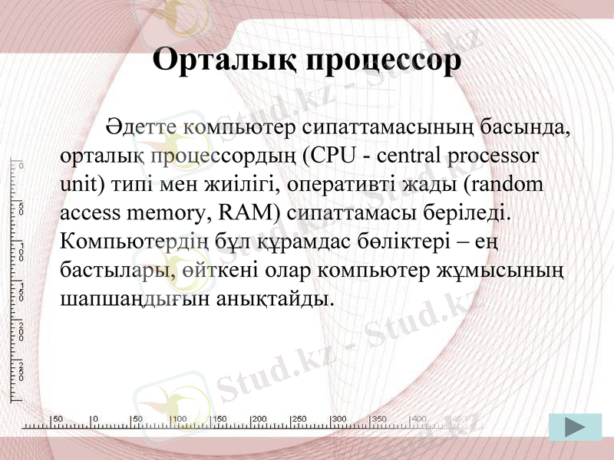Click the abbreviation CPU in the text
coord(329,156)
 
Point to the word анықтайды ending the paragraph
coord(275,297)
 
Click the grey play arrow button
coord(575,427)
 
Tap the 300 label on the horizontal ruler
coord(338,419)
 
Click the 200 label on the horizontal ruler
coord(259,419)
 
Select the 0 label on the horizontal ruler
coord(94,419)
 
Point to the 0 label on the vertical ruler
coord(21,166)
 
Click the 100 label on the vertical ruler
coord(21,251)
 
